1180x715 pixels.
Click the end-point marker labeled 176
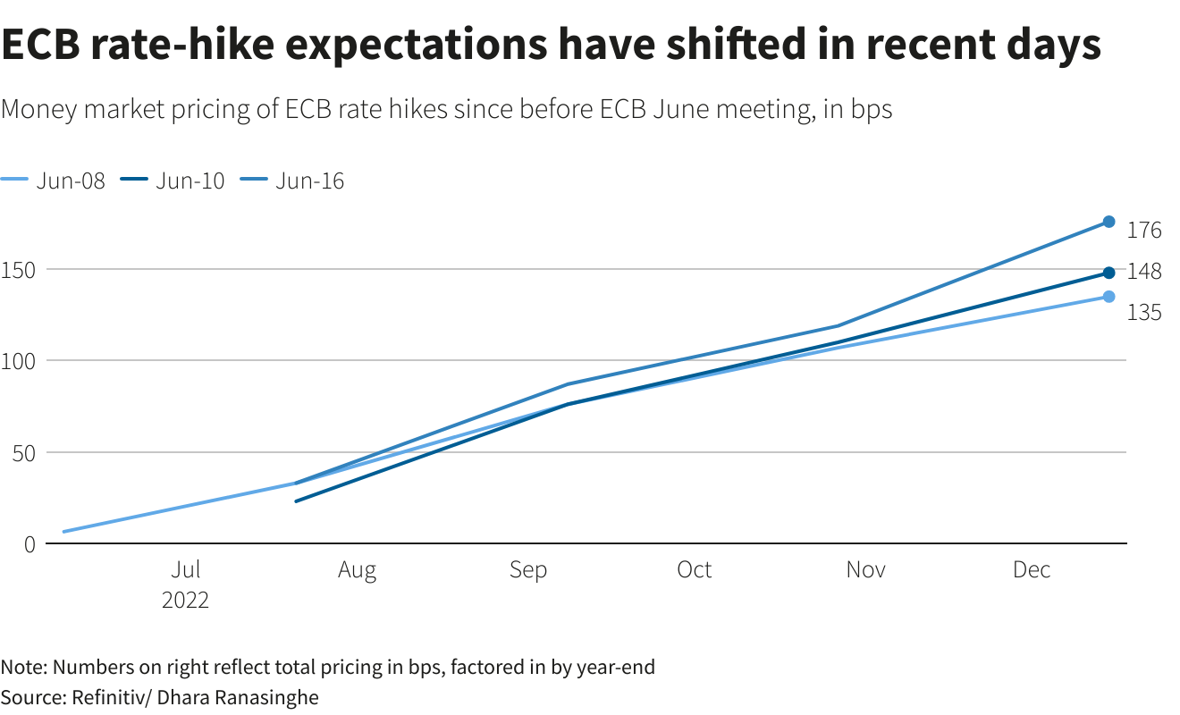tap(1108, 222)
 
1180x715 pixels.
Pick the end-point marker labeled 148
tap(1108, 273)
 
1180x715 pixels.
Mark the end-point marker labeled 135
tap(1108, 297)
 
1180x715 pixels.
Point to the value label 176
tap(1144, 231)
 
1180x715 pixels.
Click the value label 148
tap(1144, 272)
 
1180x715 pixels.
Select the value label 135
tap(1144, 313)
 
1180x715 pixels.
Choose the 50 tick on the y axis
tap(23, 452)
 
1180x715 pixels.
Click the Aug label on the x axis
tap(357, 570)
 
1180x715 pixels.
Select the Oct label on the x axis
tap(694, 570)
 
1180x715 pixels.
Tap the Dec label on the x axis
tap(1032, 570)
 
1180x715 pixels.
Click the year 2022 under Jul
tap(185, 600)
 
